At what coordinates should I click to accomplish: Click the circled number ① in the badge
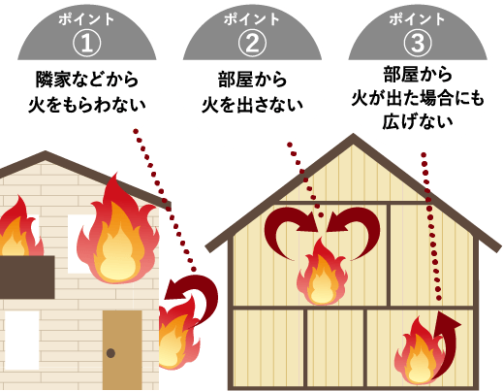coord(86,44)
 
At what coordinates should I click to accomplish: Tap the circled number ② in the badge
coord(252,44)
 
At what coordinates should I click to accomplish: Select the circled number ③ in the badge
coord(418,44)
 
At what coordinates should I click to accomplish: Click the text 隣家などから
coord(87,80)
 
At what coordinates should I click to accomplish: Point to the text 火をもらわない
coord(87,105)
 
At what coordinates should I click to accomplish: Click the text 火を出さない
coord(252,105)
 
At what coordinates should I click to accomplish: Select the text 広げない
coord(418,122)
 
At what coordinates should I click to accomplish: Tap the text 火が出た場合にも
coord(418,98)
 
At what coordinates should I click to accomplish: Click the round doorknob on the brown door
coord(110,353)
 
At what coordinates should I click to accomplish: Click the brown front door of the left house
coord(122,350)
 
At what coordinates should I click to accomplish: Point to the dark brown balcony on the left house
coord(27,277)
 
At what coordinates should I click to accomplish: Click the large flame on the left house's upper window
coord(118,230)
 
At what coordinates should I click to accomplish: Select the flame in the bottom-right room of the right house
coord(417,351)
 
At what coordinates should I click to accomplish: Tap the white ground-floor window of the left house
coord(21,340)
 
